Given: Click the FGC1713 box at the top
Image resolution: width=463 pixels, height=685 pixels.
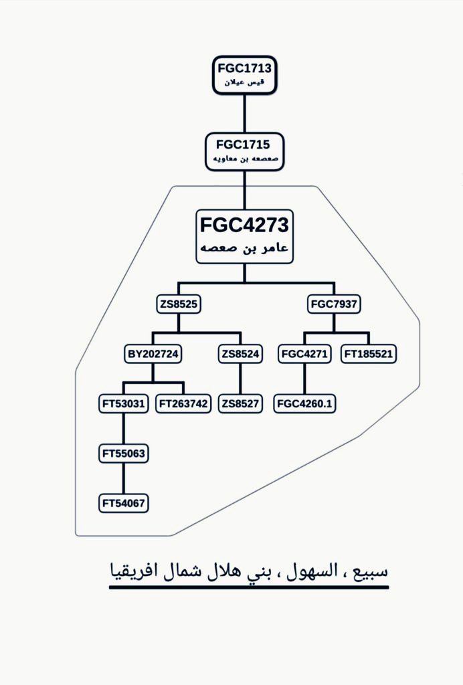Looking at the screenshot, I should [x=245, y=74].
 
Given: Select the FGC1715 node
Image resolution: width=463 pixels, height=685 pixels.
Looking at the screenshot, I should [x=244, y=151].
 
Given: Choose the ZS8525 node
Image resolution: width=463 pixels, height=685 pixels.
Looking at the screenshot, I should [x=179, y=304].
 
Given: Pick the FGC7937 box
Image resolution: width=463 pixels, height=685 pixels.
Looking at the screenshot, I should [x=335, y=304].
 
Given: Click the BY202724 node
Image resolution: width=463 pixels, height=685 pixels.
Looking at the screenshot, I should [x=153, y=354].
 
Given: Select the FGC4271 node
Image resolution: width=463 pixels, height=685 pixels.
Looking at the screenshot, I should [x=304, y=354].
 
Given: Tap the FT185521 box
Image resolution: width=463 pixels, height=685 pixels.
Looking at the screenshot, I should [x=369, y=354].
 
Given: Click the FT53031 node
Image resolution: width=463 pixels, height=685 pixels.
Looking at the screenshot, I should [x=123, y=403].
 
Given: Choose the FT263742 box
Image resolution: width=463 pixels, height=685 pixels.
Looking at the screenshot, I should [x=183, y=403].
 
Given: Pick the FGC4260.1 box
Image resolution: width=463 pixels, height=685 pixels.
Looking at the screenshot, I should [x=305, y=404].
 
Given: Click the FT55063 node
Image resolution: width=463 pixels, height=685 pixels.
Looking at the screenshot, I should [x=123, y=454].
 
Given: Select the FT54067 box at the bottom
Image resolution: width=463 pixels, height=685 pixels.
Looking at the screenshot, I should [x=123, y=502].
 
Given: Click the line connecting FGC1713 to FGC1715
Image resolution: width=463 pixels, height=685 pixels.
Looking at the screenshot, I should [x=244, y=112].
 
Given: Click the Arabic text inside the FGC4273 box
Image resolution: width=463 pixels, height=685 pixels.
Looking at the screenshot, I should [x=244, y=248].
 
